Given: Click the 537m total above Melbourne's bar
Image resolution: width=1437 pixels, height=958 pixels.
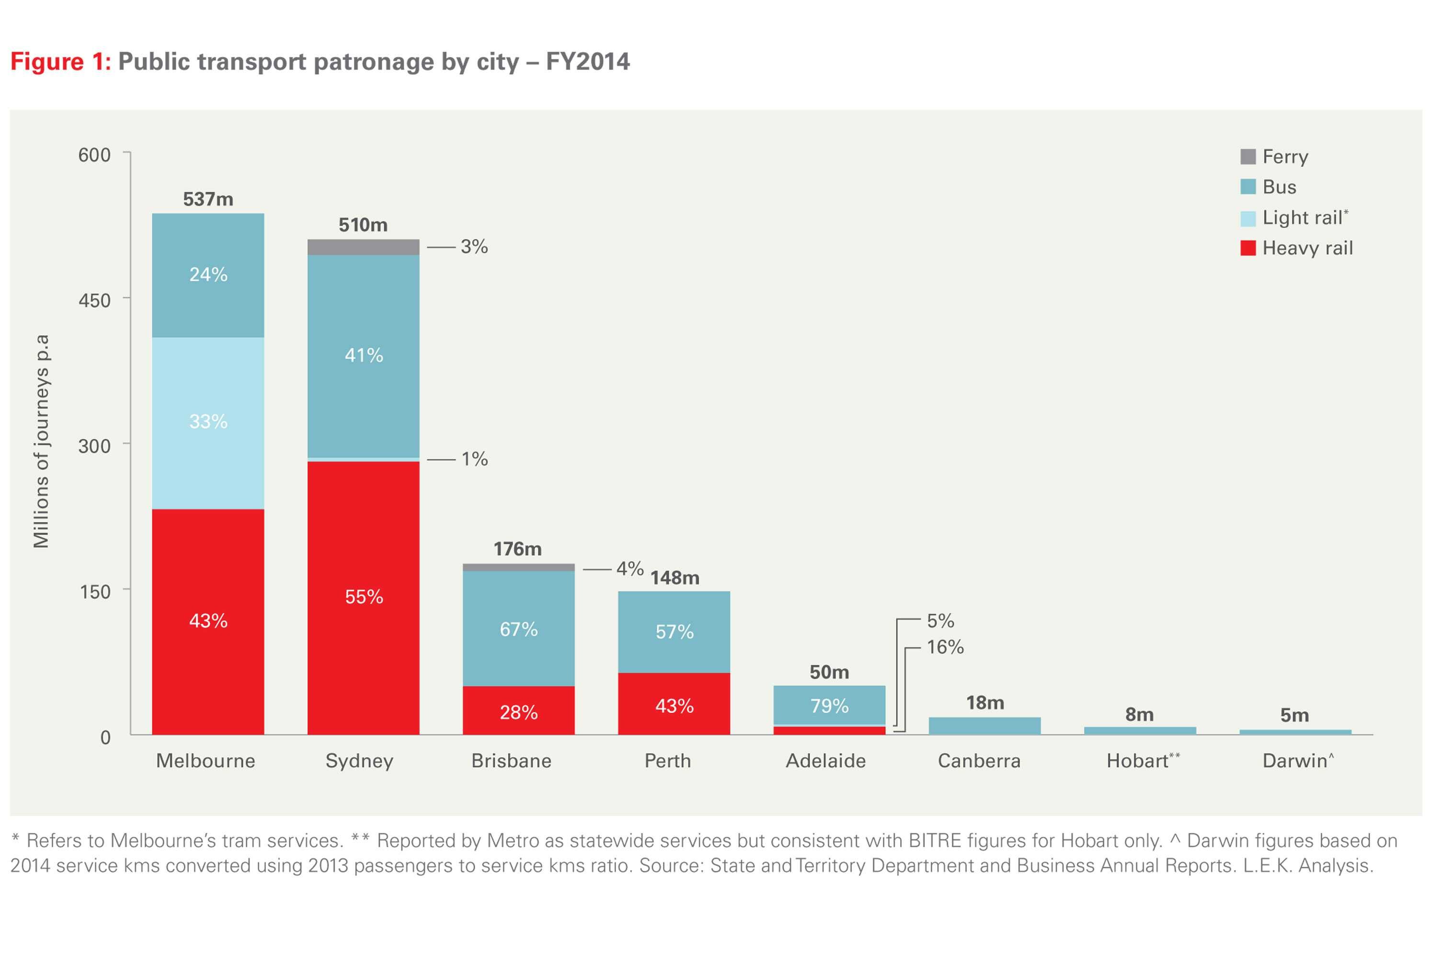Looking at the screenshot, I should (208, 199).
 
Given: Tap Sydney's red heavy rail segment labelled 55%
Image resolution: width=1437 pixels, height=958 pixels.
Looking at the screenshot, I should (363, 597).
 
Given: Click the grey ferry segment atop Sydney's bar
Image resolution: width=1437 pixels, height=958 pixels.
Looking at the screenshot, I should (363, 247).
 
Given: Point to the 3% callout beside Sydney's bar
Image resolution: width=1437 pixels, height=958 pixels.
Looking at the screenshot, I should (474, 247).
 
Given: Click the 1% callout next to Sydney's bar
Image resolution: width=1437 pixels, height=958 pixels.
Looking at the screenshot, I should (474, 459).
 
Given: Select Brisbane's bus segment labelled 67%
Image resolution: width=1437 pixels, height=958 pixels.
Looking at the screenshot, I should (518, 629).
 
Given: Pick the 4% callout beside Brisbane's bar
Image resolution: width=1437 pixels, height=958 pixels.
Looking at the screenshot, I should (629, 569).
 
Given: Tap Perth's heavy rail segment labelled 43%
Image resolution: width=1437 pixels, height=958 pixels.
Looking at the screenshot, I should (674, 706).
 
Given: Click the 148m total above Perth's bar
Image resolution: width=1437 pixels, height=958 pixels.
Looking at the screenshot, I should (674, 578).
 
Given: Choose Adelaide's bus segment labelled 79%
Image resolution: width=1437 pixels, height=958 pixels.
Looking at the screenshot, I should (829, 706).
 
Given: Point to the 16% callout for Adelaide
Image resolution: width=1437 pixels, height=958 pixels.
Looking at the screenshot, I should (945, 647).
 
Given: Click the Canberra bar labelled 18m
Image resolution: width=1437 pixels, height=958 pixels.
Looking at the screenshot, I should (984, 726).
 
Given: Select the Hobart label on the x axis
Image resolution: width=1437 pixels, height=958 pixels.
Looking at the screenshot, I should (1138, 761).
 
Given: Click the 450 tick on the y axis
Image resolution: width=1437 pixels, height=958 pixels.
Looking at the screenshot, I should (95, 300).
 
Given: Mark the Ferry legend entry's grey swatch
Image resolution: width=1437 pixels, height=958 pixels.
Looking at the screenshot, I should (1248, 157).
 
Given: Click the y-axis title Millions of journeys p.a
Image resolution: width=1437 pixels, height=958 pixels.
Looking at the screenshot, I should (41, 441).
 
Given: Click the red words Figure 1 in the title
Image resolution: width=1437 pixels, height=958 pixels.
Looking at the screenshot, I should (60, 62).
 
